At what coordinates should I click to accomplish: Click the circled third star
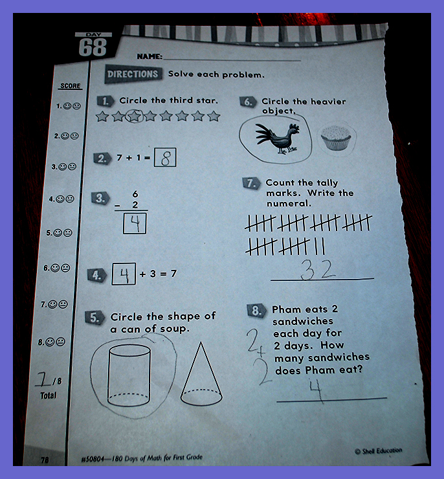[135, 116]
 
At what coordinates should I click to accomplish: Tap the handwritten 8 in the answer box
[165, 158]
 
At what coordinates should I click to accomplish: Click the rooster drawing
[277, 137]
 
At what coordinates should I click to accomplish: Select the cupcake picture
[336, 138]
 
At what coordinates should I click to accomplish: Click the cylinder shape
[129, 375]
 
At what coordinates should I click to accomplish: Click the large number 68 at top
[93, 48]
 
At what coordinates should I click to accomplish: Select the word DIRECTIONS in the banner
[133, 74]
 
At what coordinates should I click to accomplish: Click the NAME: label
[150, 56]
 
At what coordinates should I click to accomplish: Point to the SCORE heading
[71, 86]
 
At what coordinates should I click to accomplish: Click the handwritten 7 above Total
[43, 380]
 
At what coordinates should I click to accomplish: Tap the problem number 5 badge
[94, 318]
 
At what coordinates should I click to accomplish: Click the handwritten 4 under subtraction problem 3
[135, 223]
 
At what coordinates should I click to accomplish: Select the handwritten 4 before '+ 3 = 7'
[124, 274]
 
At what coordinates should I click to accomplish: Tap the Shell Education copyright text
[379, 451]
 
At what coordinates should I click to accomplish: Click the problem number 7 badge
[251, 183]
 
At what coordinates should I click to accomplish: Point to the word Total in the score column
[49, 395]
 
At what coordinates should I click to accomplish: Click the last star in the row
[214, 116]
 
